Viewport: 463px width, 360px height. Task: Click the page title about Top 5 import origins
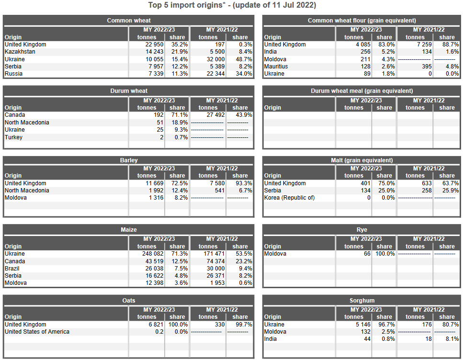pyautogui.click(x=232, y=5)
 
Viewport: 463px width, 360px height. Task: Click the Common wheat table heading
pyautogui.click(x=128, y=21)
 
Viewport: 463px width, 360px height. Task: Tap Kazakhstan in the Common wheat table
pyautogui.click(x=20, y=52)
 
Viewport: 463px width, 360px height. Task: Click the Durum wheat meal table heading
pyautogui.click(x=361, y=91)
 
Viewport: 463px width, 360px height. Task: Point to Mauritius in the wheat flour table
pyautogui.click(x=276, y=67)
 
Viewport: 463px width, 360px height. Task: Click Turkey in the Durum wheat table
pyautogui.click(x=13, y=137)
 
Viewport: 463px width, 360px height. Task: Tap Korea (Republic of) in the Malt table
pyautogui.click(x=290, y=198)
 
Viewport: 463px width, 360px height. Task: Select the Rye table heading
pyautogui.click(x=361, y=230)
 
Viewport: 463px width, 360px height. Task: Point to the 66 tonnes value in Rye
pyautogui.click(x=367, y=254)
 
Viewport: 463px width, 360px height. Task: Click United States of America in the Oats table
pyautogui.click(x=37, y=332)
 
